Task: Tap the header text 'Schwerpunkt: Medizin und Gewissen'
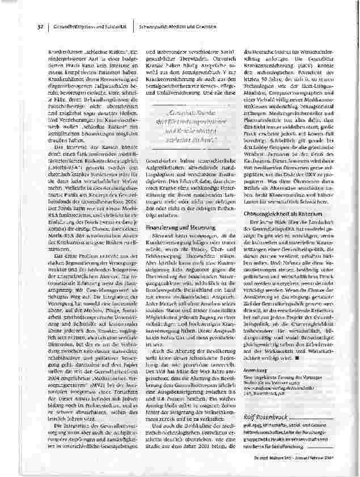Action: pyautogui.click(x=179, y=27)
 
